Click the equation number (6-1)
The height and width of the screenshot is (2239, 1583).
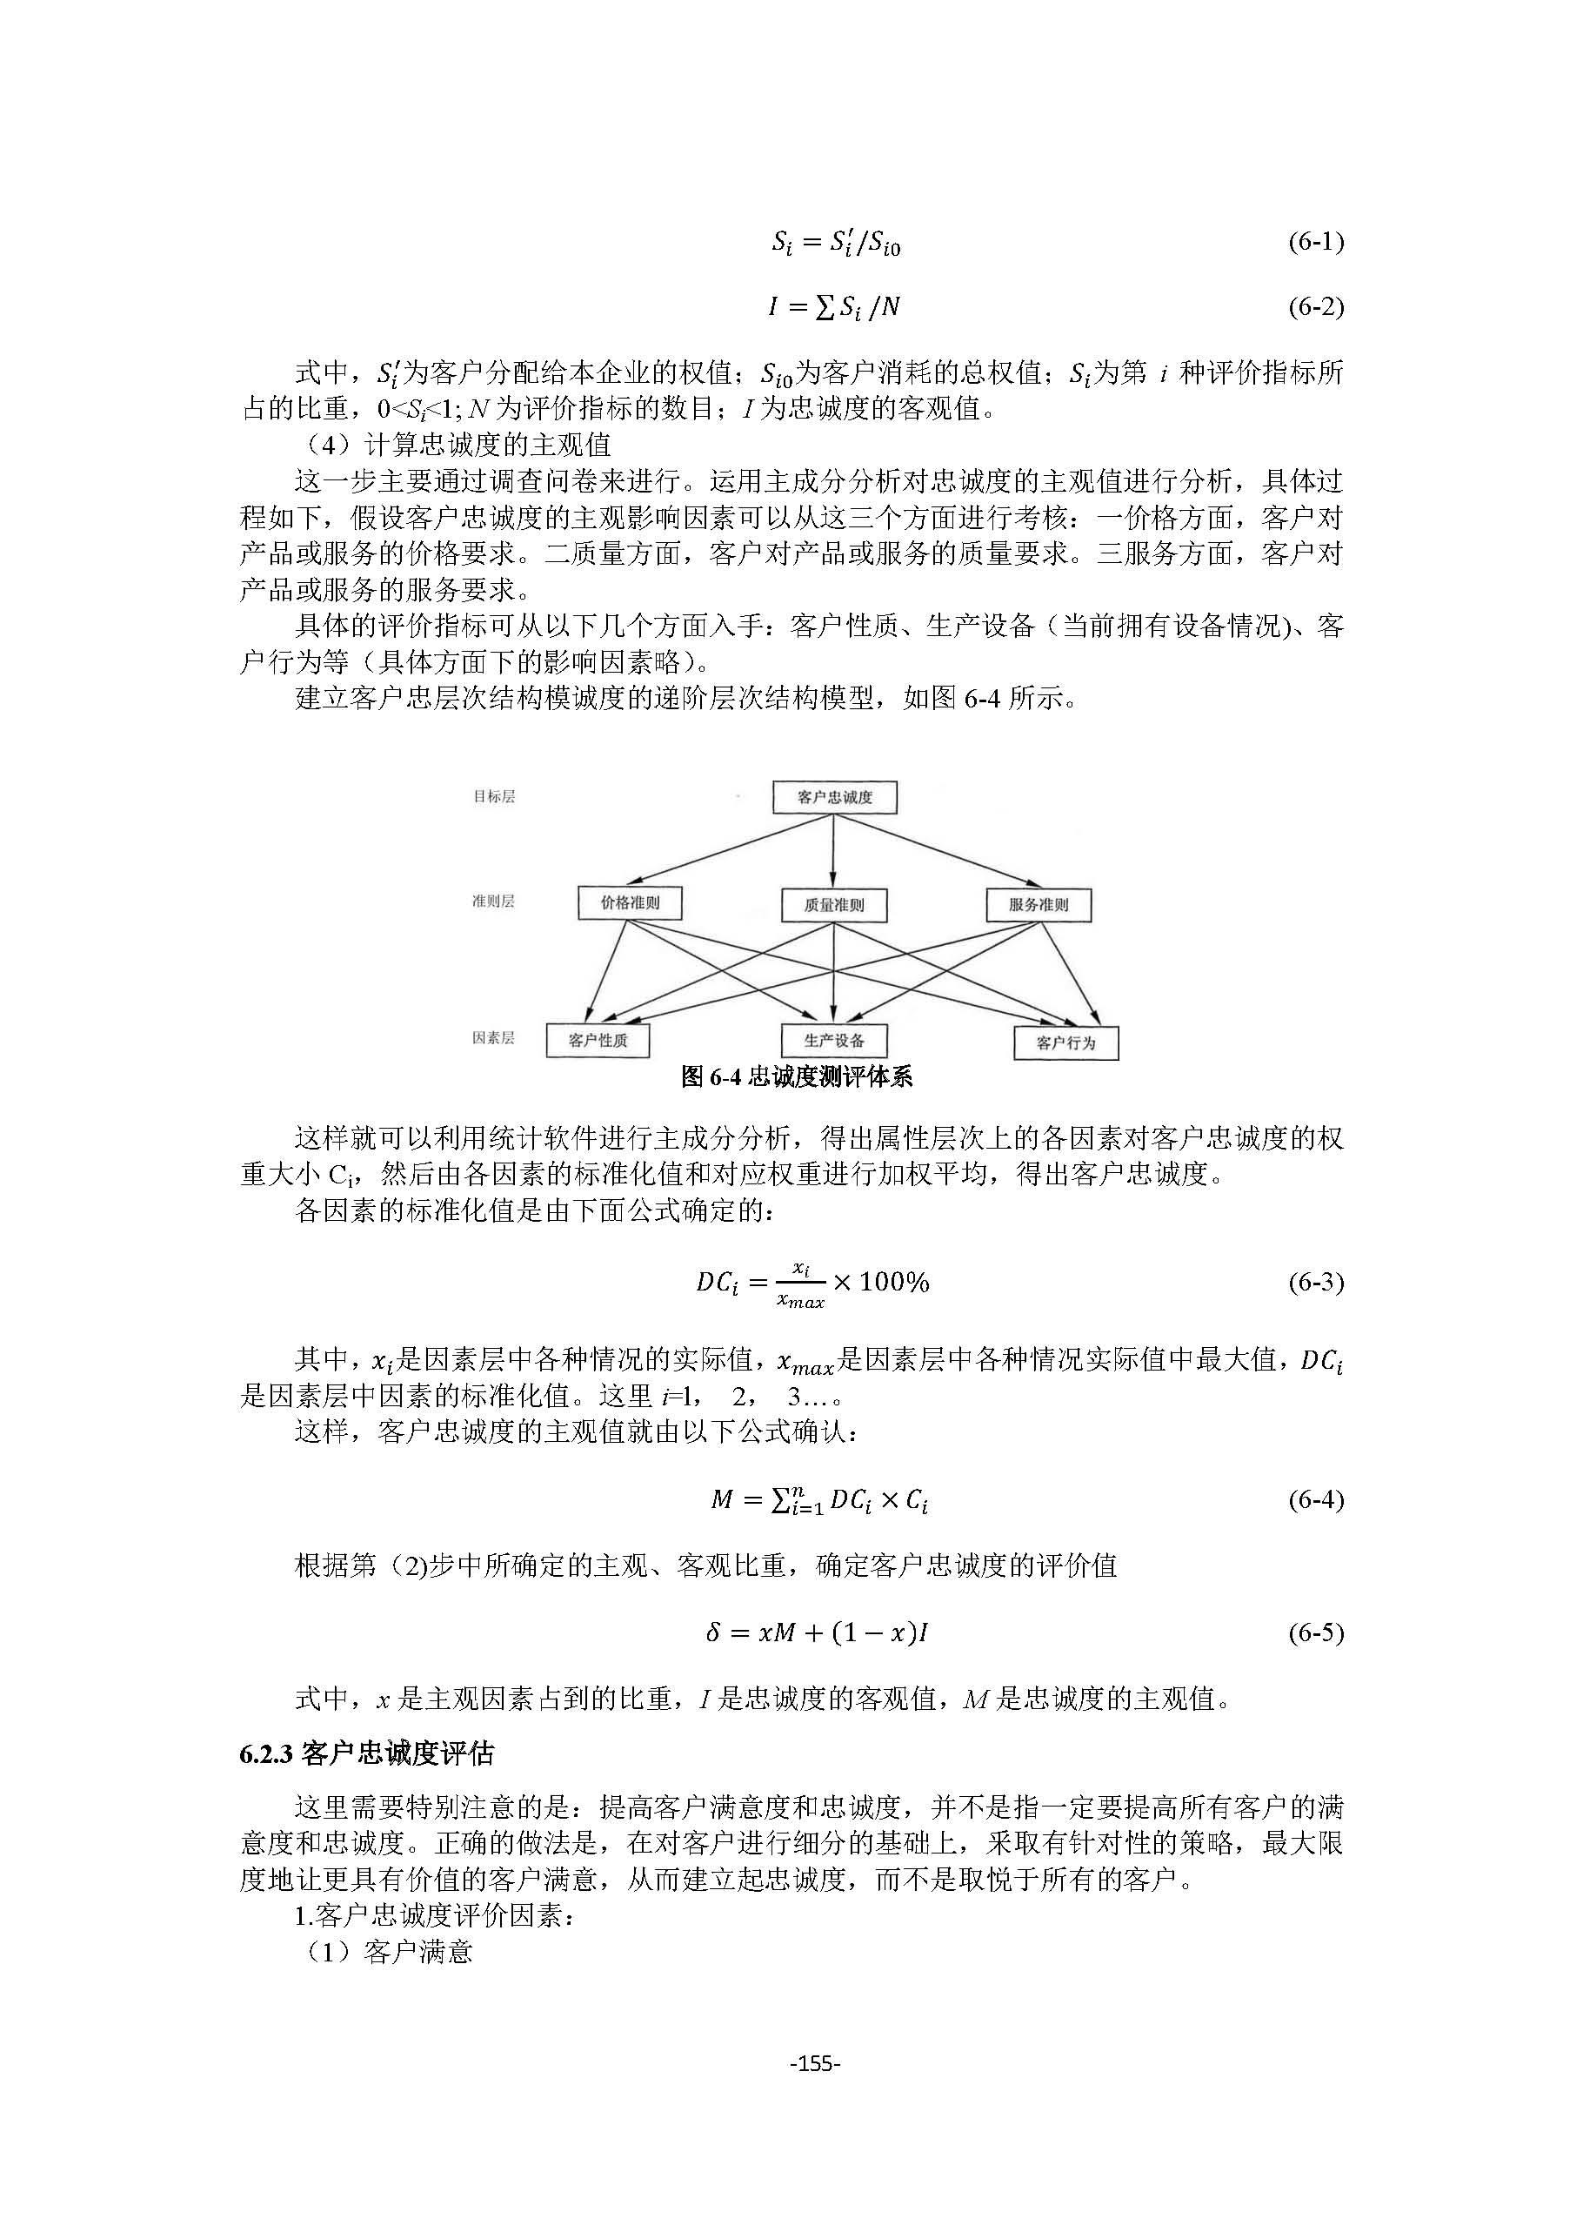coord(1315,241)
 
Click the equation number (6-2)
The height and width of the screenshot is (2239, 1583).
coord(1315,307)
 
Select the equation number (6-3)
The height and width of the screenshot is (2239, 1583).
coord(1315,1283)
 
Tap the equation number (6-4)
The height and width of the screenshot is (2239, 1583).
coord(1315,1500)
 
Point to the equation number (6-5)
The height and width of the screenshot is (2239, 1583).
coord(1315,1632)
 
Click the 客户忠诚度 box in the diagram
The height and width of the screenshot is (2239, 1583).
coord(834,798)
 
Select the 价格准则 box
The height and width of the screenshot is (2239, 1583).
coord(630,903)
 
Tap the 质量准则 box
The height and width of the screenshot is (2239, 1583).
coord(833,905)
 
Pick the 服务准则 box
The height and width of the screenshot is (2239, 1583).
coord(1039,905)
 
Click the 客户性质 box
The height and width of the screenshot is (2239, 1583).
coord(598,1041)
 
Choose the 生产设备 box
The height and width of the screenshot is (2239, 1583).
coord(833,1041)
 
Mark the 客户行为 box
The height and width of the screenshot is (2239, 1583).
coord(1065,1042)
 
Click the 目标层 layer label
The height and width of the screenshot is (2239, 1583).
coord(493,797)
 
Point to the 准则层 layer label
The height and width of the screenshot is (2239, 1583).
coord(493,901)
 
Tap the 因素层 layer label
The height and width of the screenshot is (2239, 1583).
coord(493,1037)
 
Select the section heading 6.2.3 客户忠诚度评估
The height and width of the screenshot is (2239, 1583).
coord(366,1754)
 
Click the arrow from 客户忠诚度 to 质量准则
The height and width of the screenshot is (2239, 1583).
coord(832,850)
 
